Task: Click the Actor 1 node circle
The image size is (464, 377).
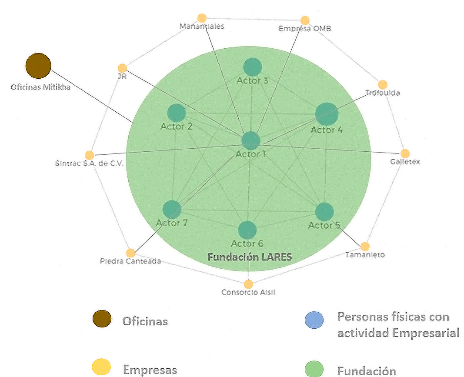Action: (x=250, y=140)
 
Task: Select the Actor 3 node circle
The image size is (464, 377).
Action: (x=252, y=67)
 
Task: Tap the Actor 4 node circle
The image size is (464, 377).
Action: (x=327, y=114)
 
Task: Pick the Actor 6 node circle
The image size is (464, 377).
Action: (x=247, y=230)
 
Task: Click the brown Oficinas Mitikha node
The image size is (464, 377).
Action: (x=38, y=66)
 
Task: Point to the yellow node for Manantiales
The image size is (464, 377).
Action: (x=202, y=18)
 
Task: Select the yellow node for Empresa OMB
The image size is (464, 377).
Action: (x=305, y=20)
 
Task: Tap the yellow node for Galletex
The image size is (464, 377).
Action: (x=405, y=153)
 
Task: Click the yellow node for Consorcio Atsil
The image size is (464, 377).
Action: (x=248, y=284)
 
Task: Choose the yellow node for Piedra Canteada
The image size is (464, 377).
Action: (x=130, y=253)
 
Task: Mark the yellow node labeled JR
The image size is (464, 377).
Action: (x=122, y=68)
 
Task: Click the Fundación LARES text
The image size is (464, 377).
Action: (x=250, y=257)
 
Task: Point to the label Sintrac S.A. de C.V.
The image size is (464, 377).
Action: (x=90, y=164)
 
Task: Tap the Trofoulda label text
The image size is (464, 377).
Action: (x=382, y=93)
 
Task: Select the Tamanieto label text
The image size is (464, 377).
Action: (x=365, y=255)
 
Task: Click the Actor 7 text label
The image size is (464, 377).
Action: (x=172, y=223)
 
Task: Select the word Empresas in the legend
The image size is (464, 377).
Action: (x=150, y=370)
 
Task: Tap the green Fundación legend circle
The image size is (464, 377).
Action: (x=314, y=369)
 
